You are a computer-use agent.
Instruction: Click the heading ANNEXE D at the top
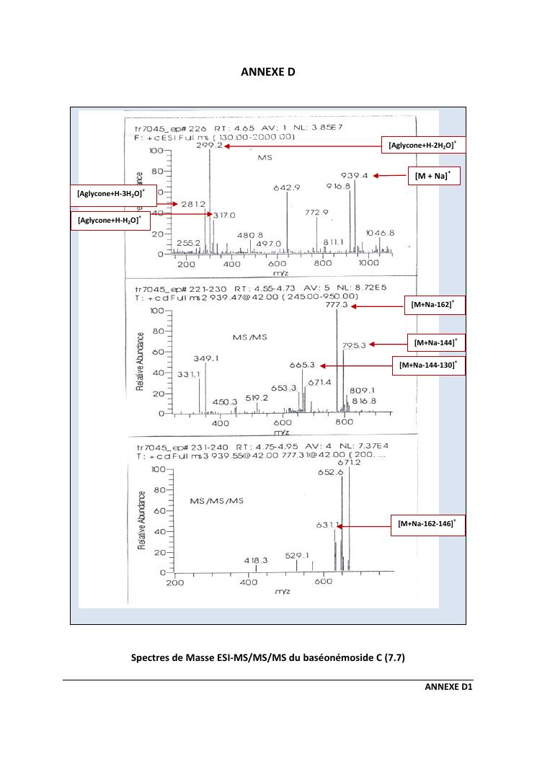(x=267, y=72)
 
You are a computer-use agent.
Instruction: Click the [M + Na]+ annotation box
(x=433, y=176)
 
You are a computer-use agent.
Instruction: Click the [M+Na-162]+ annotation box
(x=432, y=306)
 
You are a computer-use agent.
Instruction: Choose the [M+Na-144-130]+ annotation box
(x=427, y=365)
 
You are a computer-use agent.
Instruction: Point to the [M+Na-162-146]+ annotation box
(x=427, y=524)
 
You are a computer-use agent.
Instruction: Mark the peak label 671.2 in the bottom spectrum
(x=349, y=462)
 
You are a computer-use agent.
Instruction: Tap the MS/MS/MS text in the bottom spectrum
(x=216, y=500)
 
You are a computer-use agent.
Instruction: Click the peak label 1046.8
(x=380, y=233)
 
